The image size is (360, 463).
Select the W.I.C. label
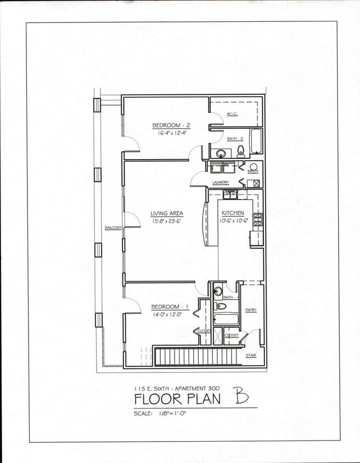[x=232, y=114]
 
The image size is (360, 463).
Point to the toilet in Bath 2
[x=241, y=151]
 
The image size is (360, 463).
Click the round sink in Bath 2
[x=220, y=153]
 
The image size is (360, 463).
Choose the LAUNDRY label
[x=220, y=182]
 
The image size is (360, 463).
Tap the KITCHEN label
[x=233, y=213]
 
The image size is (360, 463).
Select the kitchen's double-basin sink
[x=230, y=194]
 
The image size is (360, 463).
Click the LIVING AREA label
[x=167, y=213]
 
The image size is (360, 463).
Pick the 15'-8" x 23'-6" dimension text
[x=167, y=222]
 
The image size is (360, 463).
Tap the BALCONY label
[x=114, y=227]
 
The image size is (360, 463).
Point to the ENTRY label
[x=251, y=310]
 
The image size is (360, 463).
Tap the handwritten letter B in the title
[x=239, y=395]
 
